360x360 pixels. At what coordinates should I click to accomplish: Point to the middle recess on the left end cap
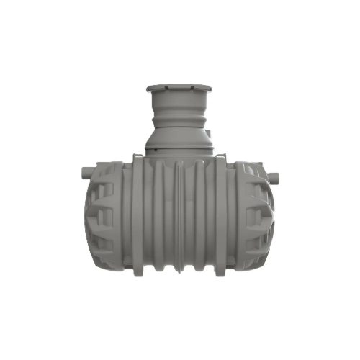coord(99,217)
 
